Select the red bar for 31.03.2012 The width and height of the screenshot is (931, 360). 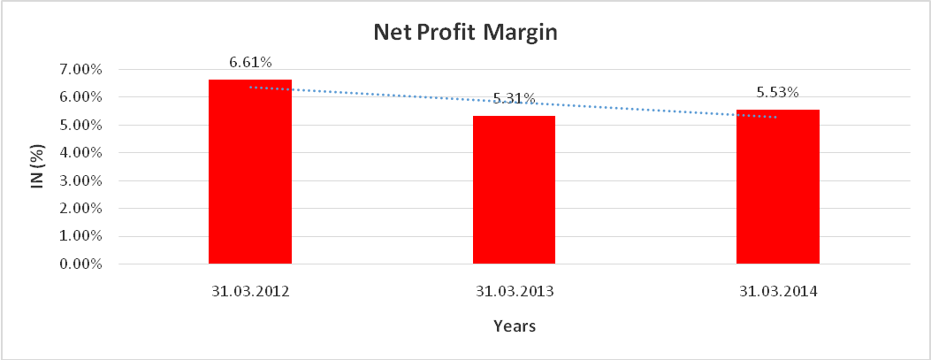250,172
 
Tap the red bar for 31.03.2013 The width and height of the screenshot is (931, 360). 514,189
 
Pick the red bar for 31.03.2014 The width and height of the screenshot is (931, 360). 777,187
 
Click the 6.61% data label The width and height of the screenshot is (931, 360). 250,63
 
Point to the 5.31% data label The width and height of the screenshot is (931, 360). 514,99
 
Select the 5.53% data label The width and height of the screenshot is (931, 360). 777,92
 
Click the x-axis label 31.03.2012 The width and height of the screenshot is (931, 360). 250,291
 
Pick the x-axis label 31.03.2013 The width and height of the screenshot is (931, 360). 514,291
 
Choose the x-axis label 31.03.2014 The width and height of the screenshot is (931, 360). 777,291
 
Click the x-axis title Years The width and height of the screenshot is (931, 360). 514,326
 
